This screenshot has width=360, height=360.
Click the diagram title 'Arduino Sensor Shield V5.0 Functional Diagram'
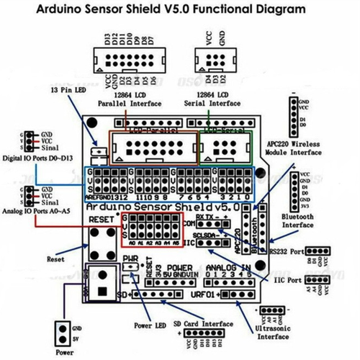[179, 10]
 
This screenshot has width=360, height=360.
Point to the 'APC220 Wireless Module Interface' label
[292, 146]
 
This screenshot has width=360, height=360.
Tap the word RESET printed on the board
[102, 218]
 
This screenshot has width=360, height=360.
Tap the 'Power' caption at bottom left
[65, 353]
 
